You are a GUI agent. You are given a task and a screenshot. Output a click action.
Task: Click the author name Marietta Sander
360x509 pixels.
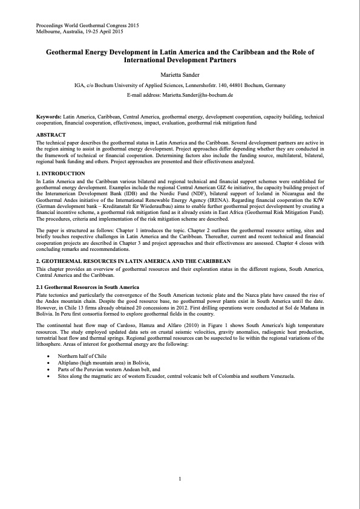pyautogui.click(x=180, y=75)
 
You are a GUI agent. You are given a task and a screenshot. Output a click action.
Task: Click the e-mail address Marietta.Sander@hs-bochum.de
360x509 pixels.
pyautogui.click(x=180, y=96)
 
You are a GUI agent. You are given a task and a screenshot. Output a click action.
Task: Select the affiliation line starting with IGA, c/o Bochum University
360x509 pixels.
pyautogui.click(x=180, y=86)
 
